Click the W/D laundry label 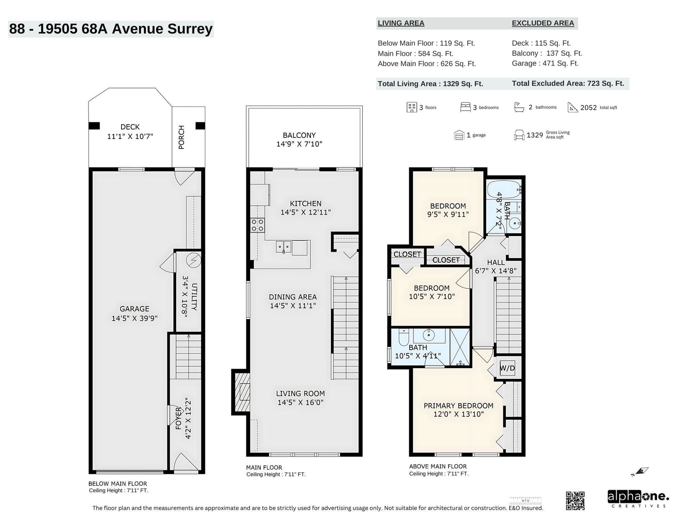pos(507,368)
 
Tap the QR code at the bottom pos(575,500)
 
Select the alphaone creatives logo pos(638,499)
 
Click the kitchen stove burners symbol pos(257,225)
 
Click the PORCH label pos(181,137)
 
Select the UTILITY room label pos(194,297)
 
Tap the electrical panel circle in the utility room pos(193,260)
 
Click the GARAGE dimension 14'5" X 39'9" pos(134,318)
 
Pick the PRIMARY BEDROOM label pos(458,406)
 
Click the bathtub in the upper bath pos(505,189)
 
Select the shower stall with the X pos(459,347)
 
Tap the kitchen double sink pos(283,246)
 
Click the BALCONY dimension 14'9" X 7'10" pos(299,144)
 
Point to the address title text pos(111,29)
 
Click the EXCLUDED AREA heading pos(543,23)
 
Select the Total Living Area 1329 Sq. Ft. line pos(430,84)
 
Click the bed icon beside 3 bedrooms pos(465,107)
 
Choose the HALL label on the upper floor pos(496,262)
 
